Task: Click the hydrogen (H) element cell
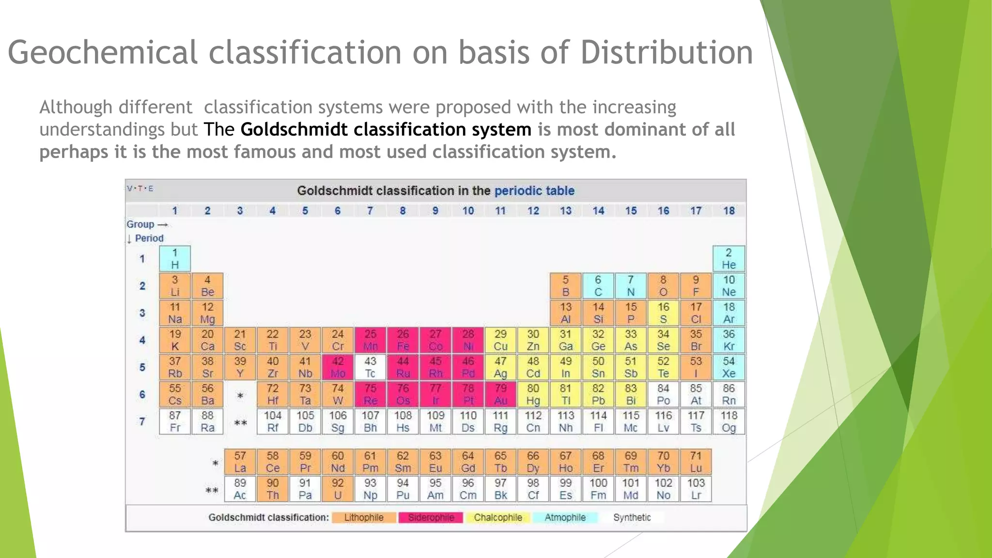175,259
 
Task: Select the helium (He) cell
728,259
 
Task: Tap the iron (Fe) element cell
403,340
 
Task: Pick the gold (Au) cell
500,394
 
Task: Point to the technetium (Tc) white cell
370,367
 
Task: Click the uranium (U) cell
338,489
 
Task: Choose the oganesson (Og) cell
728,421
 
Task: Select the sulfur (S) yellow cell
663,313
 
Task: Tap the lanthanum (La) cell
240,462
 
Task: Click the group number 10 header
468,211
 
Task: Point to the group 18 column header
728,211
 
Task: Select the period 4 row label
142,340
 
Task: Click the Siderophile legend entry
431,517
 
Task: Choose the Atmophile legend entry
565,517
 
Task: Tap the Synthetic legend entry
632,517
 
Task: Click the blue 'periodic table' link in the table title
534,191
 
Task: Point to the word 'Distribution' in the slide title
666,52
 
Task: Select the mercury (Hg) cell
533,394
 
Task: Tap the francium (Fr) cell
175,421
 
